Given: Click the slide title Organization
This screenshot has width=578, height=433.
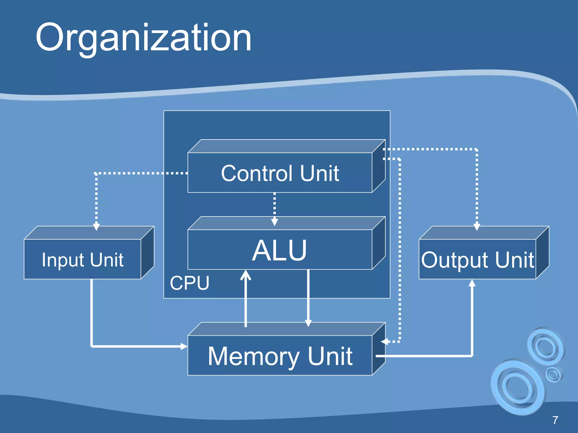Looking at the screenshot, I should (143, 38).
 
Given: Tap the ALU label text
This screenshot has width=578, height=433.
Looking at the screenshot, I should (279, 250).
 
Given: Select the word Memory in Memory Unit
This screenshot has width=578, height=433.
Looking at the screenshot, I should (253, 357).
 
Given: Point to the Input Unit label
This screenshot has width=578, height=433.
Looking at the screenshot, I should (82, 260).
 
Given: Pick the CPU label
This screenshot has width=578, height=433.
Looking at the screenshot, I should (189, 283).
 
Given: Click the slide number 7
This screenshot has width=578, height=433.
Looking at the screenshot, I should (555, 420).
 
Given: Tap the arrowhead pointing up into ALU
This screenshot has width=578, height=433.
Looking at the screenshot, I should (246, 275).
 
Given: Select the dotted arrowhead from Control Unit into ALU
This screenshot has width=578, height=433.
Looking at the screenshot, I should (274, 222).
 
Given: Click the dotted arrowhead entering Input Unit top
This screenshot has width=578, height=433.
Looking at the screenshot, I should (96, 227).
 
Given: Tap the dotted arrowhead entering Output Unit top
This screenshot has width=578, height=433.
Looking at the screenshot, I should (477, 227).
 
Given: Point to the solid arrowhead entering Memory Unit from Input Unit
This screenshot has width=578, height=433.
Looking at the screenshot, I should (184, 346).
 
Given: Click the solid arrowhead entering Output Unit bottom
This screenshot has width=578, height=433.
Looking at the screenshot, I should (472, 283).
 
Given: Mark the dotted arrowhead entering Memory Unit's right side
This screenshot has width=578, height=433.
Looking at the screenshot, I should (384, 342).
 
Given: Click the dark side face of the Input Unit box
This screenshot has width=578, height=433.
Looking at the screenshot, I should (148, 252).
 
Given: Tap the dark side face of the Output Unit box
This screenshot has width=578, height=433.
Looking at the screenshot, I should (542, 252).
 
